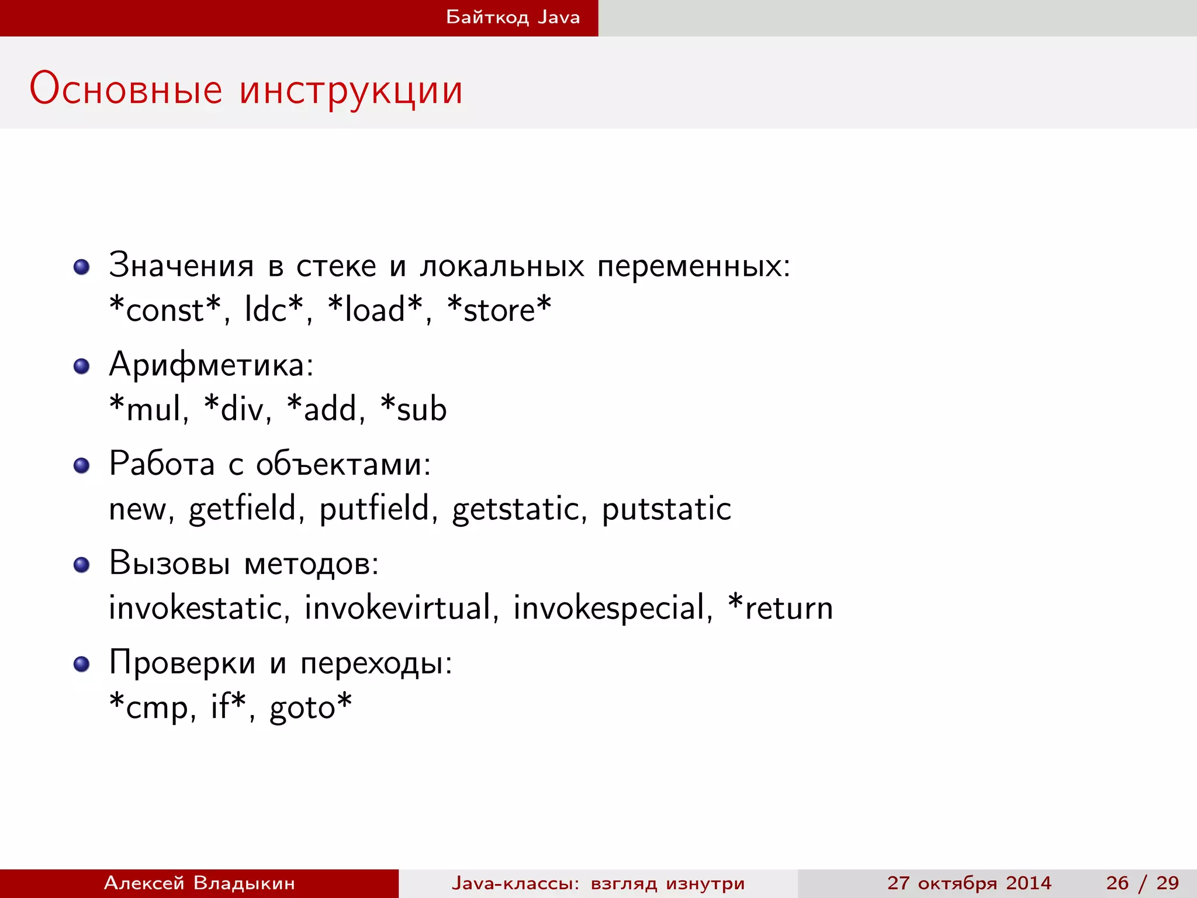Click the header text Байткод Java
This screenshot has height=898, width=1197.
pos(513,17)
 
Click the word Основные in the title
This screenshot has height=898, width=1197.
pos(126,89)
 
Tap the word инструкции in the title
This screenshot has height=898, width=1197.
pos(351,91)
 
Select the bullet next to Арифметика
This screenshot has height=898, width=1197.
pos(81,367)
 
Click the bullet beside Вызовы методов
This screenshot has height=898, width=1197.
pos(81,565)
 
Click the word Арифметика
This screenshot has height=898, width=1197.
pos(211,365)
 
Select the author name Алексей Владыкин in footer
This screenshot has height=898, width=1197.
pos(199,883)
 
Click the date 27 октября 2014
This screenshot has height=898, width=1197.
pos(969,883)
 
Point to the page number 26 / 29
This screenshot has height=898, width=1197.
pos(1142,883)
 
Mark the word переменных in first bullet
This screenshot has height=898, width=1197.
pos(693,267)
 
